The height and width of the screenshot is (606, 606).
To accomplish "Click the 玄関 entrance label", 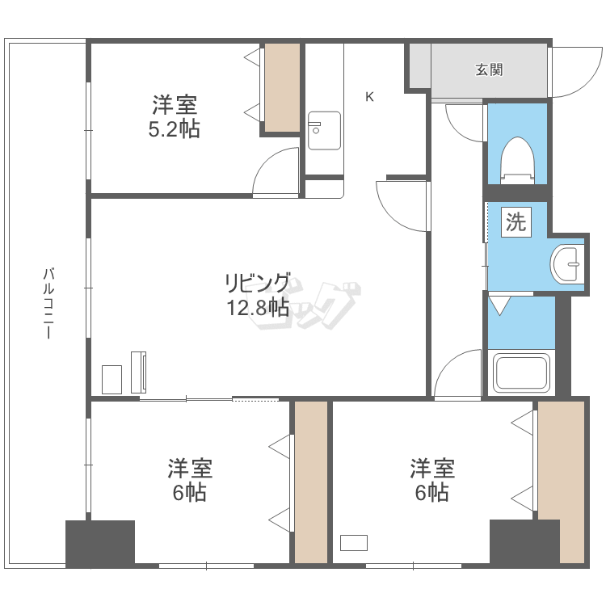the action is point(489,70).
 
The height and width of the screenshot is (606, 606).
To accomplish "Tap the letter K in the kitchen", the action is point(369,97).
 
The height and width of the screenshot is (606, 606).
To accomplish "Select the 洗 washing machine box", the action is point(516,222).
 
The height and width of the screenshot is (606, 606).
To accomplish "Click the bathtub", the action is point(522,372).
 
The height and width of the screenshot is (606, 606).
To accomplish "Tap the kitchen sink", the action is point(324,131).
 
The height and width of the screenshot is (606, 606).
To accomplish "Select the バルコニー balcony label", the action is point(48,304).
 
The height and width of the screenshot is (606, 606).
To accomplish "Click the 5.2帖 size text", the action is point(174,129).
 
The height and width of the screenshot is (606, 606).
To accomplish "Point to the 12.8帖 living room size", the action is point(258,308).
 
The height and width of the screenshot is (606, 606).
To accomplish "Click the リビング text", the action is point(258,284).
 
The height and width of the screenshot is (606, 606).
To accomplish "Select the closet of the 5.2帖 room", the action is point(282,88).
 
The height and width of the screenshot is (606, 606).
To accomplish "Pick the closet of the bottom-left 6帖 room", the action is point(311,482).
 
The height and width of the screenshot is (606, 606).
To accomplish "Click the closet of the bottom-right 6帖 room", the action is point(561,482).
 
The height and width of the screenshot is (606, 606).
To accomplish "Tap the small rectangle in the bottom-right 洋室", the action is point(354,543).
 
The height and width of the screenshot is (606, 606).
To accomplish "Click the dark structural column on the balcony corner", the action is point(100,544).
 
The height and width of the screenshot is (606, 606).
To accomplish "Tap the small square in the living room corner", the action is point(112,380).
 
